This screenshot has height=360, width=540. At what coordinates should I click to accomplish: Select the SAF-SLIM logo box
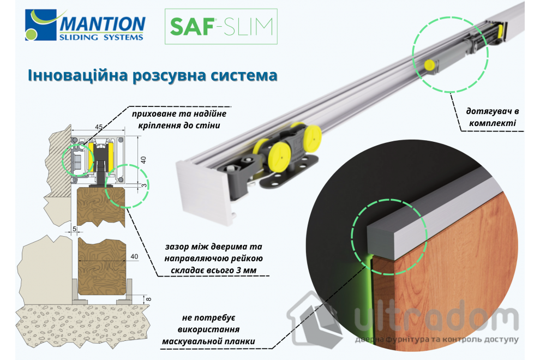(220, 26)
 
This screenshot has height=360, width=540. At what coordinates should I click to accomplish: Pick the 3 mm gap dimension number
(145, 185)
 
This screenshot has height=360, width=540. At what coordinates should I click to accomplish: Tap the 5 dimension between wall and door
(74, 229)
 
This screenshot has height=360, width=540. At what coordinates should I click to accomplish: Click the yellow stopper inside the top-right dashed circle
(429, 64)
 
